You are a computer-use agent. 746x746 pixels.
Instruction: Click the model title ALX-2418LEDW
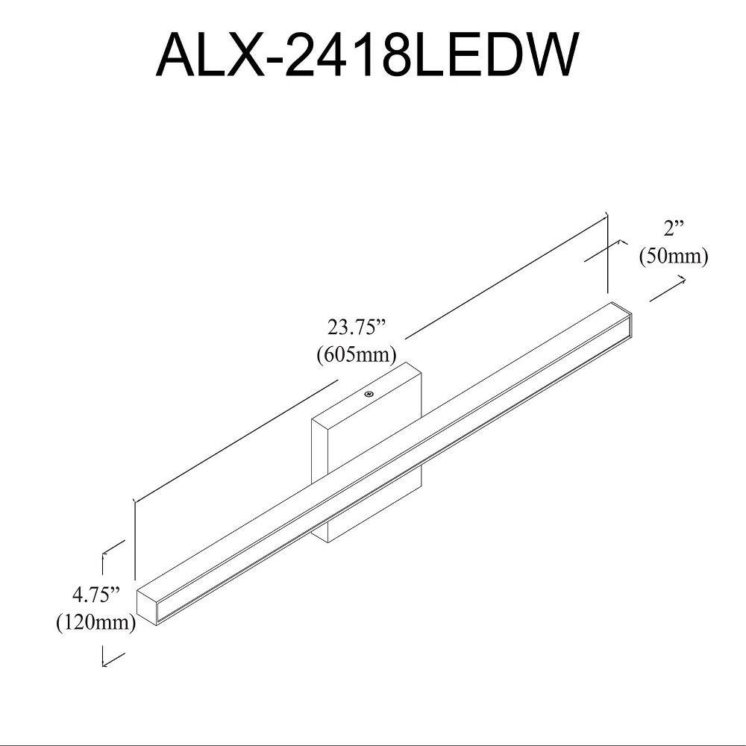pyautogui.click(x=367, y=54)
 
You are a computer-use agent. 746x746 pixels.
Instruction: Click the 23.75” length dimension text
pyautogui.click(x=356, y=327)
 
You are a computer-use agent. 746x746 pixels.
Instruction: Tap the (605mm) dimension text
pyautogui.click(x=357, y=354)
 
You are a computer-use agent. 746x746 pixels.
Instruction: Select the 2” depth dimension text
pyautogui.click(x=673, y=229)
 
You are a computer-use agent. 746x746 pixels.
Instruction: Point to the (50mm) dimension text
pyautogui.click(x=674, y=257)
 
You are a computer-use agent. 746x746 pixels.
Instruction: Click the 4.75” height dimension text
pyautogui.click(x=95, y=595)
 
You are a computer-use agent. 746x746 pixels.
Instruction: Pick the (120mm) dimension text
pyautogui.click(x=96, y=622)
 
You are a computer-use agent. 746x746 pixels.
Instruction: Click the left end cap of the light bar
pyautogui.click(x=147, y=605)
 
